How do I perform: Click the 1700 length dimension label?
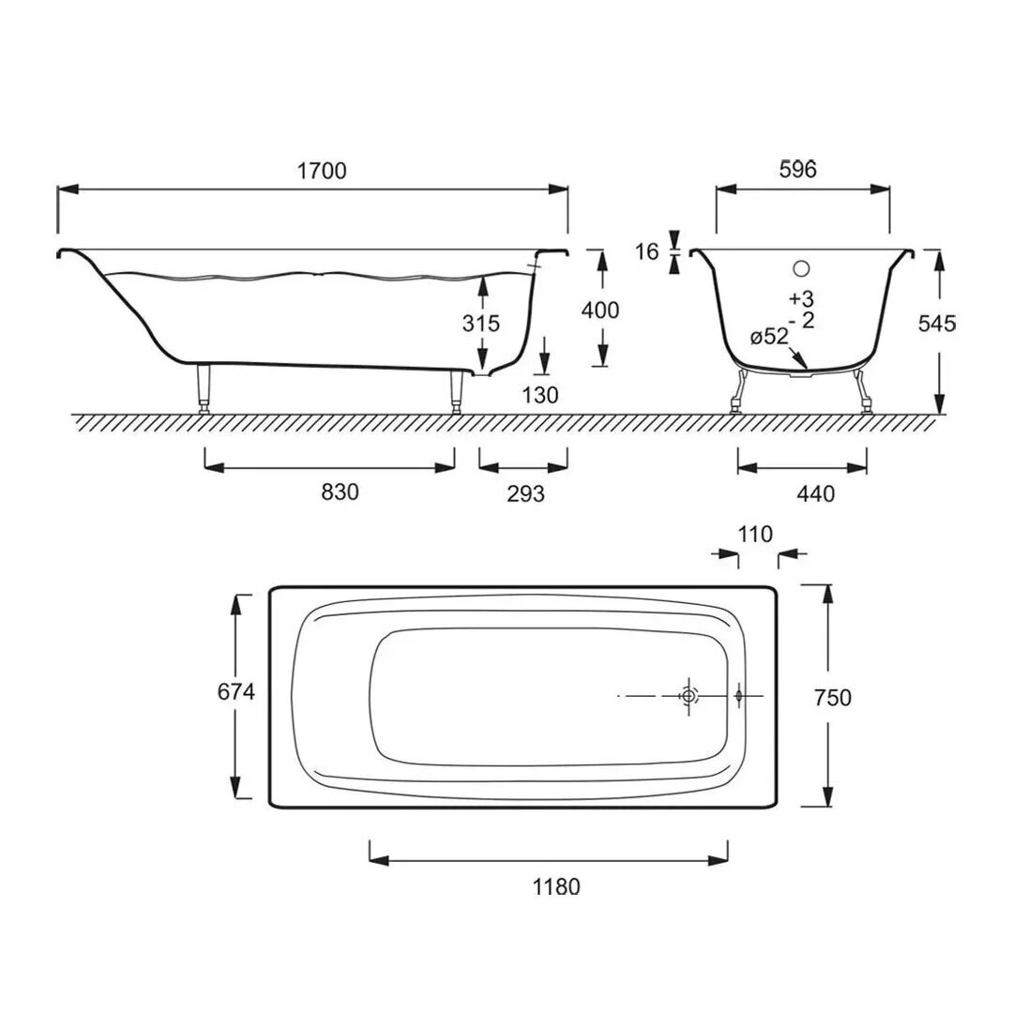322,171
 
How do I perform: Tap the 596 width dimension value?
798,170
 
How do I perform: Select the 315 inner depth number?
480,324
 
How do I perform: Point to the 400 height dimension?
600,310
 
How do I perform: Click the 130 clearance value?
540,395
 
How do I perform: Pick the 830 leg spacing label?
340,491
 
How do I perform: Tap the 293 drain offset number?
526,493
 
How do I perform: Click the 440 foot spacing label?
816,493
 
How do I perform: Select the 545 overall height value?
937,324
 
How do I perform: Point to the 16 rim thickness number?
646,251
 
